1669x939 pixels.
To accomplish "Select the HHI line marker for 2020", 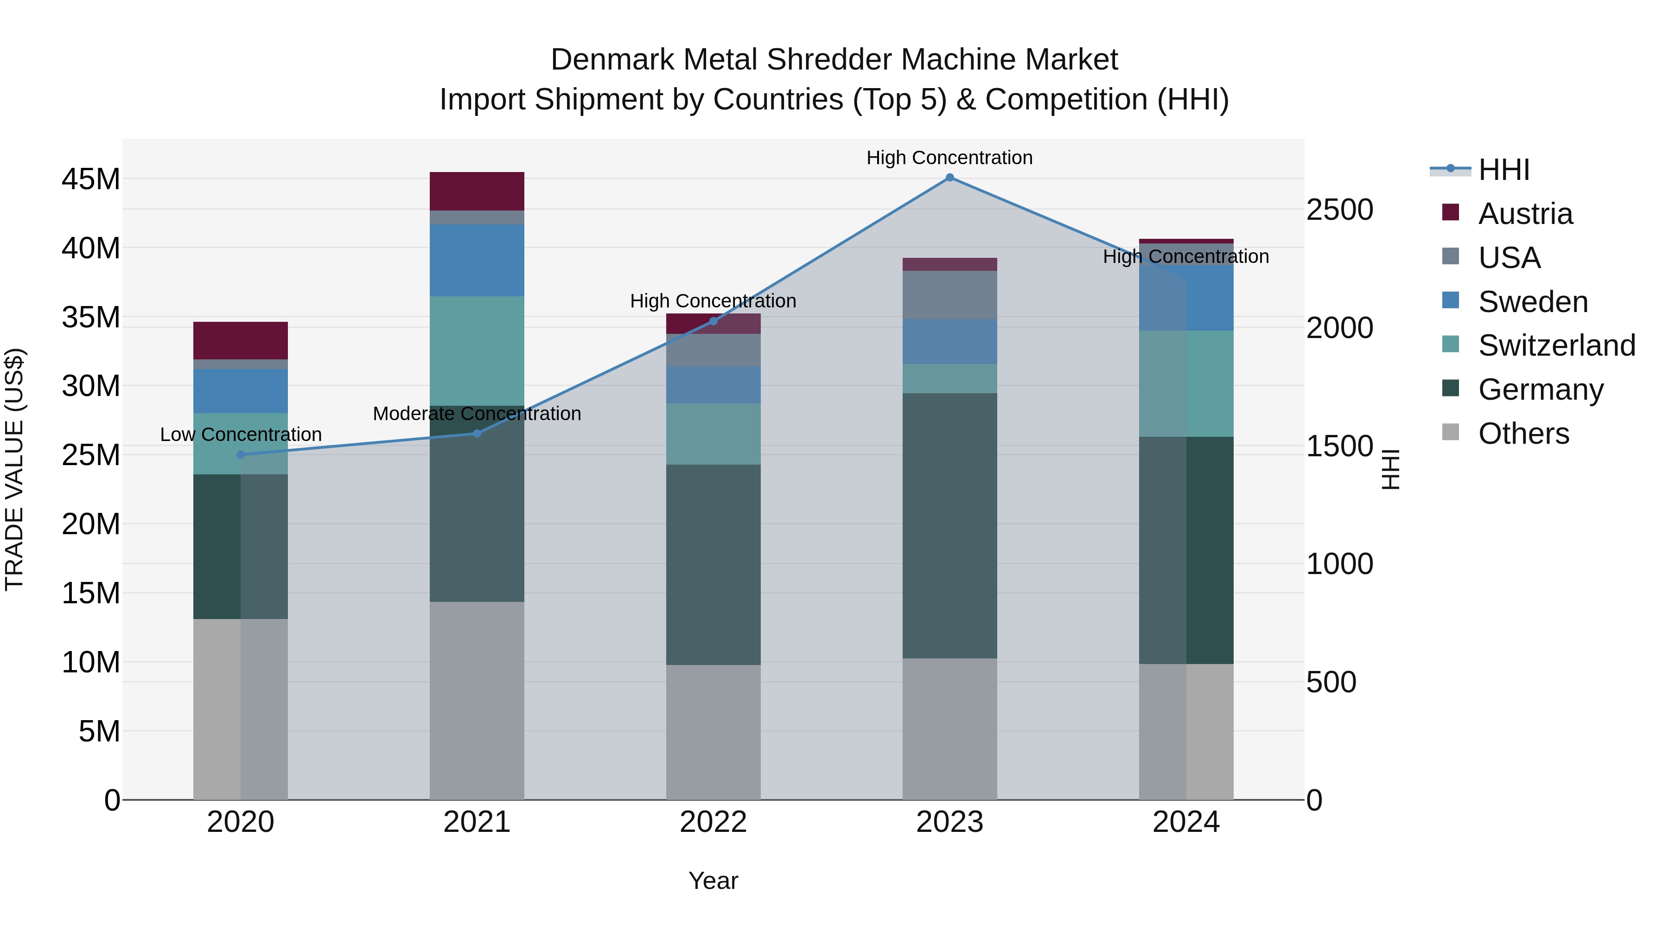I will click(240, 454).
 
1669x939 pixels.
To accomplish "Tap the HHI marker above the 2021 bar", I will click(477, 433).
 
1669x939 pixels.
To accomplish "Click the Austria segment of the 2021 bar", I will click(477, 191).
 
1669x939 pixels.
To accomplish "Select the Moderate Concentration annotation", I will click(477, 414).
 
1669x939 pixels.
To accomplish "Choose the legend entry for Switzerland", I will click(1556, 345).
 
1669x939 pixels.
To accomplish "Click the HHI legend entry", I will click(1503, 170).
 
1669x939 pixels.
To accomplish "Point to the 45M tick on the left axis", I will click(91, 179).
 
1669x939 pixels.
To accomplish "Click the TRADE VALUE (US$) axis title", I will click(15, 469).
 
